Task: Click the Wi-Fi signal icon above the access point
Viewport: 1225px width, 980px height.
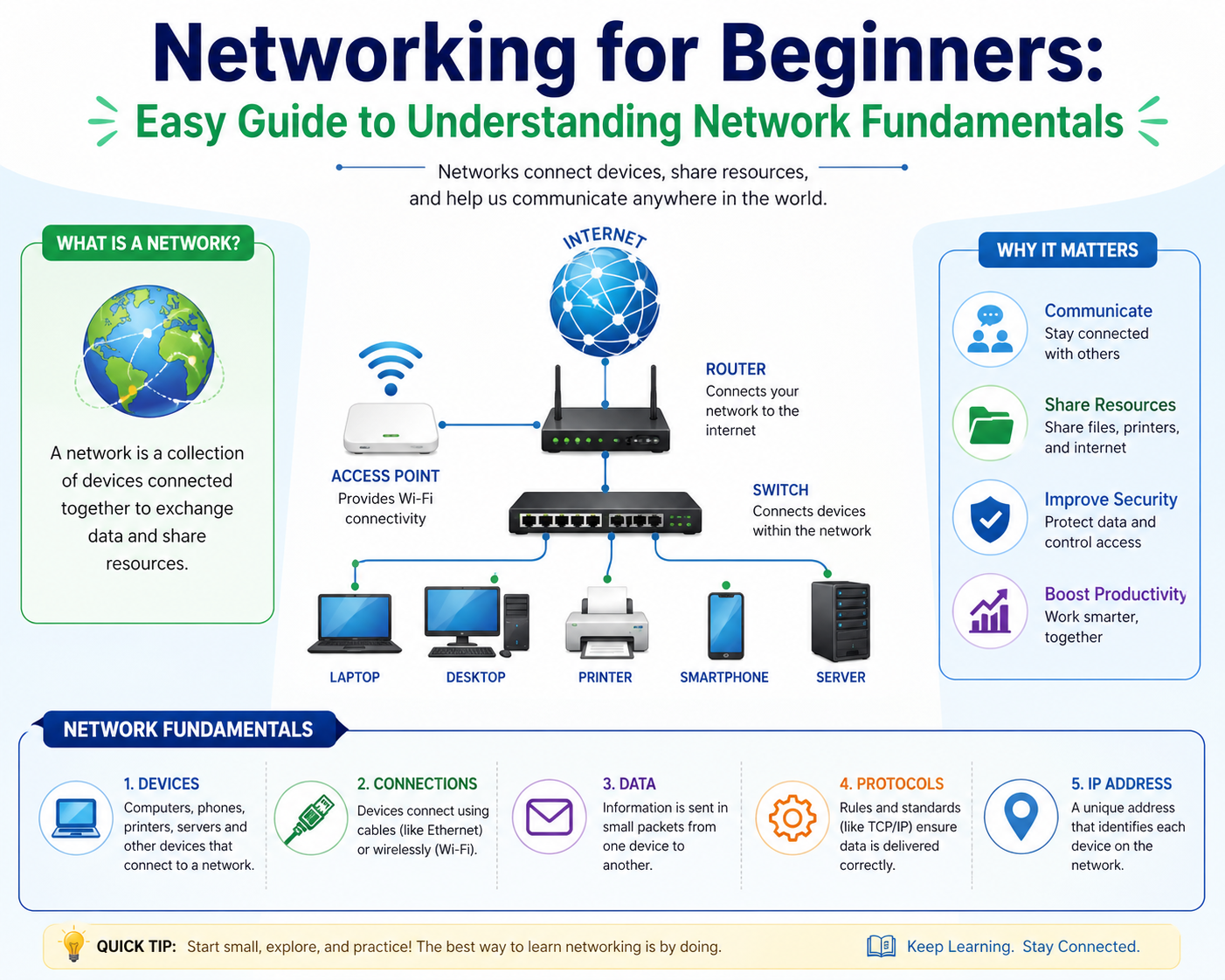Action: (391, 368)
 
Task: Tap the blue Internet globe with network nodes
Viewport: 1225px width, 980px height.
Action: (605, 304)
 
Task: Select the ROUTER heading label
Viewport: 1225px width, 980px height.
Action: (736, 369)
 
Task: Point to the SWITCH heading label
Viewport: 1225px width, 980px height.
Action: (780, 490)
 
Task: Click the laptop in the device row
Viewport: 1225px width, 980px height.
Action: (355, 624)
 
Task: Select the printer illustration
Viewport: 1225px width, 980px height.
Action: (606, 622)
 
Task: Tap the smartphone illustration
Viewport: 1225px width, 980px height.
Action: (726, 625)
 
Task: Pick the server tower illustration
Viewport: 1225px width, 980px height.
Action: (841, 621)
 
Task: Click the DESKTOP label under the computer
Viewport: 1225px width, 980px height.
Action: (476, 677)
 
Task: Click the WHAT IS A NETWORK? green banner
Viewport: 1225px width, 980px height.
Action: (148, 243)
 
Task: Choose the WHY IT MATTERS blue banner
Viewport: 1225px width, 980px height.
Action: (1068, 250)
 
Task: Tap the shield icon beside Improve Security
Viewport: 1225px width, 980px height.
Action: (991, 519)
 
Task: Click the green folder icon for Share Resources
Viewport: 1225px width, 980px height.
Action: (991, 424)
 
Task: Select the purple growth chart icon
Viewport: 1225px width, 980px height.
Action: (991, 611)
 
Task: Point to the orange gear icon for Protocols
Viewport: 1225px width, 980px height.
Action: (792, 818)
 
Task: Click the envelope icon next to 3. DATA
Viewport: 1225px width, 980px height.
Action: (550, 818)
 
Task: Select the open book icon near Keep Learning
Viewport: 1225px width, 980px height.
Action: (882, 947)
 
